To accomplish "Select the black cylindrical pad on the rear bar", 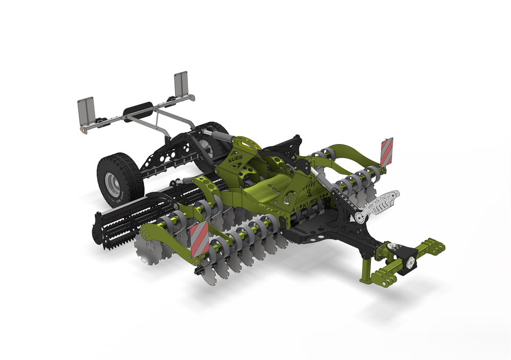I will (x=138, y=109).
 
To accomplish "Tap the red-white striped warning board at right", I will (x=386, y=151).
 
